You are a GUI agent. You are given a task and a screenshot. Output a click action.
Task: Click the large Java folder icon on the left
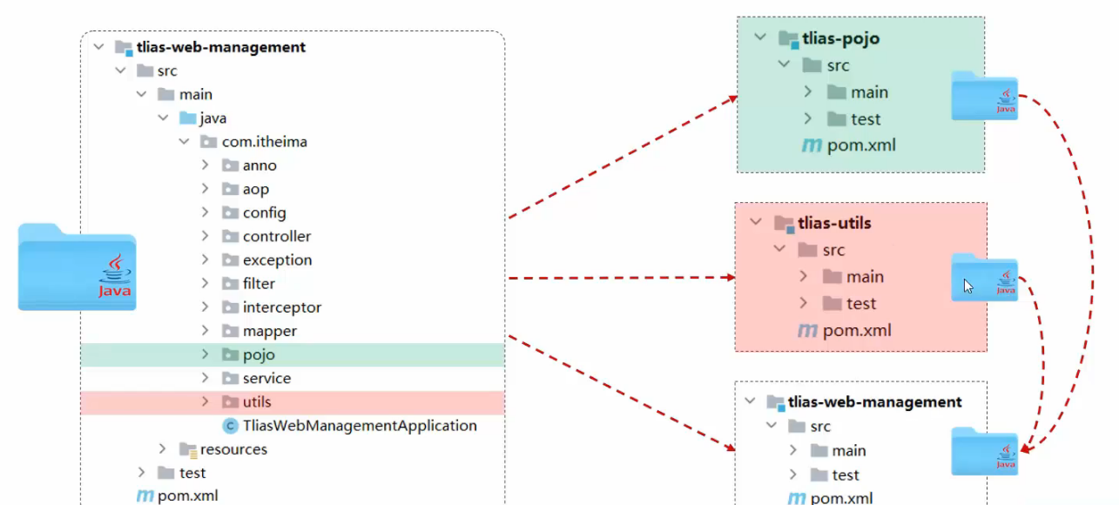(77, 267)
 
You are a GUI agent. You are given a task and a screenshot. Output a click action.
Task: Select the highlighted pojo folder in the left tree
(259, 354)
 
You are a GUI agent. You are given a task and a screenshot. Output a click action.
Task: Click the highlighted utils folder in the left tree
(257, 401)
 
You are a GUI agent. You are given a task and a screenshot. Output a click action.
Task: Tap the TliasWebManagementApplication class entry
(360, 426)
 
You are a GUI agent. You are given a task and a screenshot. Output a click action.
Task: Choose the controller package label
(276, 236)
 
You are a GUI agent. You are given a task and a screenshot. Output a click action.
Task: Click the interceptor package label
(281, 307)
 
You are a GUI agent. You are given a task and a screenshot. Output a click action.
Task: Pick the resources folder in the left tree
(233, 449)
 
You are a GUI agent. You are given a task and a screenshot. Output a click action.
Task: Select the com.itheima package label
(264, 141)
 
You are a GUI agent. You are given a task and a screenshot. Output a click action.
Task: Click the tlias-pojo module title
(839, 38)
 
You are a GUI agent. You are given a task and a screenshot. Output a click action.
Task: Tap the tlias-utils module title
(833, 223)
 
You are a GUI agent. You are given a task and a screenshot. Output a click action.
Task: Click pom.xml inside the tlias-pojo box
(860, 145)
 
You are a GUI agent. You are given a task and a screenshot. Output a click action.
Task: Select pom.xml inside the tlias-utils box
(856, 330)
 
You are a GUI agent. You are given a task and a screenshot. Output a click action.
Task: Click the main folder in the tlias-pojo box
(868, 92)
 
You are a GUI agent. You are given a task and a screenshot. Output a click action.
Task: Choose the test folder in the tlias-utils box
(860, 303)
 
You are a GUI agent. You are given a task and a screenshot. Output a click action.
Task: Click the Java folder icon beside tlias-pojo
(984, 96)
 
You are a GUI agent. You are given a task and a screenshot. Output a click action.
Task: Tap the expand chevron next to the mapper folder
(205, 331)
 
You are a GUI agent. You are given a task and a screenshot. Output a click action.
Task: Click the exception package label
(277, 259)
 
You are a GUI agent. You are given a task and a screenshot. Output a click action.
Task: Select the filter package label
(259, 283)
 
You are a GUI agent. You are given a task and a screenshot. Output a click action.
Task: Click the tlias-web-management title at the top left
(221, 47)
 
